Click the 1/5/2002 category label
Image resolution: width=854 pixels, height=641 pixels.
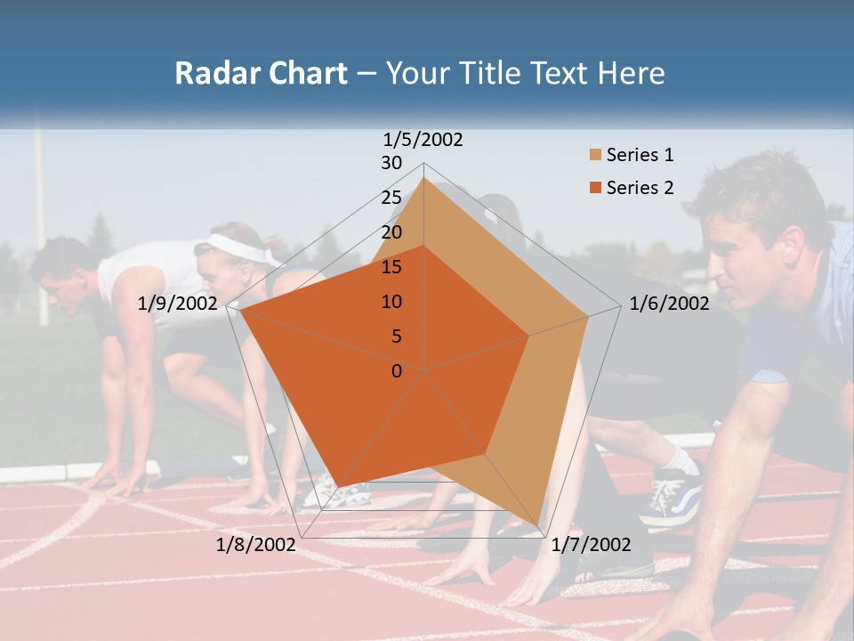(423, 140)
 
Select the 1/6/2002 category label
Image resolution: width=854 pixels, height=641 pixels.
(669, 304)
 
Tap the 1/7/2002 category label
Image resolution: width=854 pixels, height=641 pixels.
(591, 545)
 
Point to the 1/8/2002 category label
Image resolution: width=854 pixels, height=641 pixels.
(255, 545)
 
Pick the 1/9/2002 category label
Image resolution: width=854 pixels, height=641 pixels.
(178, 304)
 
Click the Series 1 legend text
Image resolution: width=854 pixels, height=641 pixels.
(640, 155)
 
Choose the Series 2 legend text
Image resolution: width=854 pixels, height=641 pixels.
(640, 188)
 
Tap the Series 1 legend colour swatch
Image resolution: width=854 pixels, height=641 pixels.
(594, 156)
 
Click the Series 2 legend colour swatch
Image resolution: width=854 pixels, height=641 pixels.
(594, 188)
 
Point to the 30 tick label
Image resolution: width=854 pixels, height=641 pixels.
(391, 163)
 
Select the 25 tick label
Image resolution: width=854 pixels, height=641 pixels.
(391, 198)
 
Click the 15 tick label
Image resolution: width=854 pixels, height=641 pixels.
(391, 267)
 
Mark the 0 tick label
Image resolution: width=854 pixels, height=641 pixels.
(397, 370)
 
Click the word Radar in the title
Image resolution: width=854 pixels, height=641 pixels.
(213, 73)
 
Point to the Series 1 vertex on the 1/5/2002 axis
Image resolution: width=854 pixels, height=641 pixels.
(424, 178)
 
